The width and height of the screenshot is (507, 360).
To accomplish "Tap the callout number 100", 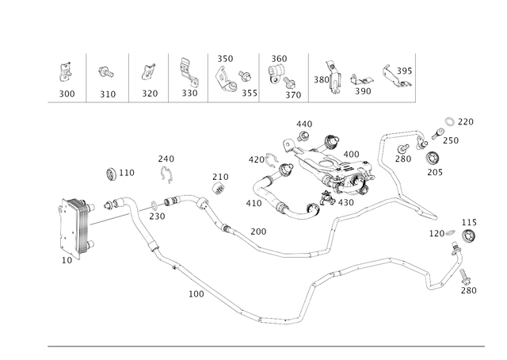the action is pyautogui.click(x=196, y=294).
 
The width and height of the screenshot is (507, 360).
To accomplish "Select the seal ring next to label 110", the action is pyautogui.click(x=112, y=174).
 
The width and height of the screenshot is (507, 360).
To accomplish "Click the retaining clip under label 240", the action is pyautogui.click(x=167, y=174).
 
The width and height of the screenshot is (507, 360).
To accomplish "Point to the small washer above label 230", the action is pyautogui.click(x=154, y=205).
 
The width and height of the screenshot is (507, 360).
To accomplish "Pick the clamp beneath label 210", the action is pyautogui.click(x=219, y=188).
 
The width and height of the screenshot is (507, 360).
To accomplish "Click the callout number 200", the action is pyautogui.click(x=258, y=232).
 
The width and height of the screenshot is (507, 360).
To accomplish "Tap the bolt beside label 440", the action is pyautogui.click(x=303, y=136).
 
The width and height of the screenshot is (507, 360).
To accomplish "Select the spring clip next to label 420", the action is pyautogui.click(x=272, y=161).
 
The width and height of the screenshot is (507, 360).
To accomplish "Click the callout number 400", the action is pyautogui.click(x=351, y=154).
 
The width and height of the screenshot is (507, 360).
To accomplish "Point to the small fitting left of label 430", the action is pyautogui.click(x=328, y=198).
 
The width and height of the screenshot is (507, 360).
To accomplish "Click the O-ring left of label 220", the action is pyautogui.click(x=449, y=122).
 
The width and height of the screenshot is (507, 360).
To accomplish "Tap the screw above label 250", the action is pyautogui.click(x=438, y=133).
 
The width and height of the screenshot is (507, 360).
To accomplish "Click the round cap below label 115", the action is pyautogui.click(x=468, y=236).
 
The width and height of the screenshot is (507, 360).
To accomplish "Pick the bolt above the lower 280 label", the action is pyautogui.click(x=464, y=277).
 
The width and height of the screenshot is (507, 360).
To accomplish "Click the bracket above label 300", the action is pyautogui.click(x=65, y=72).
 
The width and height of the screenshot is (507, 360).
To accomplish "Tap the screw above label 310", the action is pyautogui.click(x=106, y=71).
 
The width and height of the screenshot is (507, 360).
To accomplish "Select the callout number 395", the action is pyautogui.click(x=404, y=71).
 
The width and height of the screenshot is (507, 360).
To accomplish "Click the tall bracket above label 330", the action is pyautogui.click(x=189, y=72).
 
